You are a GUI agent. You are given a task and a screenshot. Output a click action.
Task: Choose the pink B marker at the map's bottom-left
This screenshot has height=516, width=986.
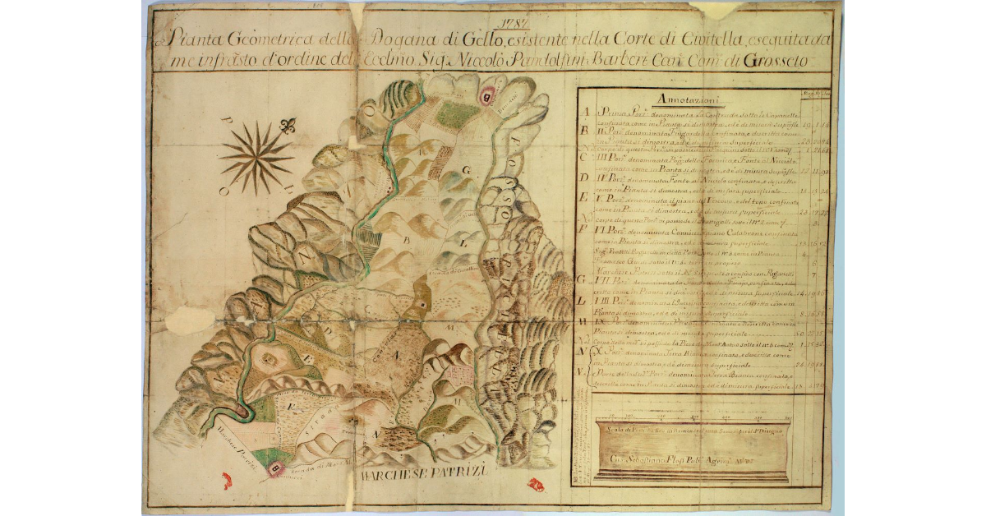click(276, 469)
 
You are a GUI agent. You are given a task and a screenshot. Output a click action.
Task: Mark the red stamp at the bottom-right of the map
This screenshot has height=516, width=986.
click(536, 485)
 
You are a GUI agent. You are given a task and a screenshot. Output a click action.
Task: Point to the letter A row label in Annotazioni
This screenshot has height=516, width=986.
click(586, 113)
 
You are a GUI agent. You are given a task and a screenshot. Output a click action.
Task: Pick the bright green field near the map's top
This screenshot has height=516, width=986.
click(454, 114)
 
